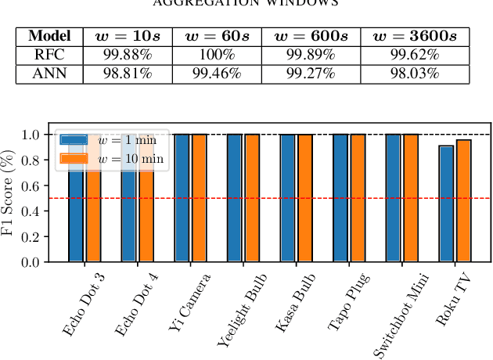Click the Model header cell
49,36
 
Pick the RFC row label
49,55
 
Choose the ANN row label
49,74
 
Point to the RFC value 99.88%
127,55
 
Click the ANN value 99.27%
306,74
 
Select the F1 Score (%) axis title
11,193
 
